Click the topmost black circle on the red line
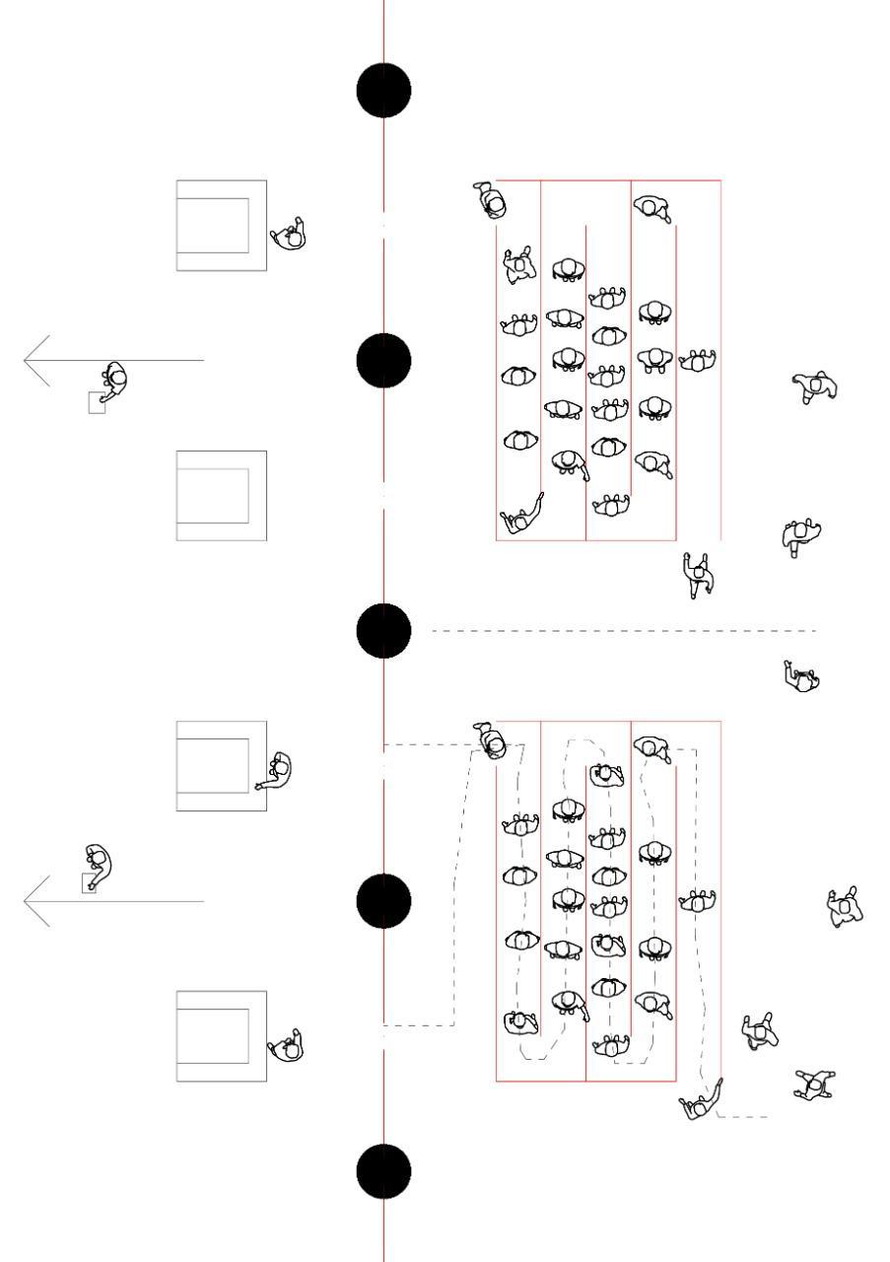point(383,91)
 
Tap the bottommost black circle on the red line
point(383,1171)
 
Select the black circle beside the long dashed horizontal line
point(383,631)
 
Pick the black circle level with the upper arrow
point(383,361)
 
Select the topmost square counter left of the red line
point(222,225)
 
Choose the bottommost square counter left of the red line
point(222,1036)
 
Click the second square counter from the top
point(222,495)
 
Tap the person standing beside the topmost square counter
point(290,235)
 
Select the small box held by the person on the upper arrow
point(97,402)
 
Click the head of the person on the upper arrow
point(116,377)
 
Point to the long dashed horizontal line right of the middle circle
point(621,631)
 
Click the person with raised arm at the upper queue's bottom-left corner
point(519,517)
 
